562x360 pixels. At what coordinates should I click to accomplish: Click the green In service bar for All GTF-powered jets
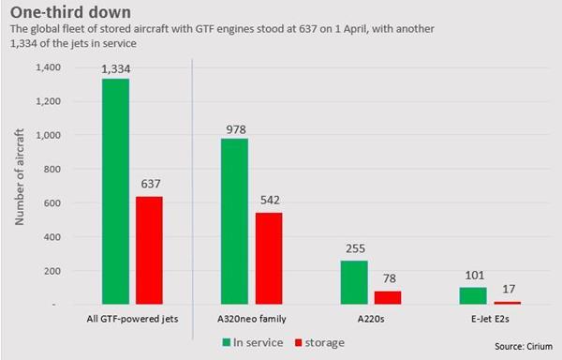point(115,192)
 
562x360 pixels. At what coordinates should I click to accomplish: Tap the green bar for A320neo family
point(234,222)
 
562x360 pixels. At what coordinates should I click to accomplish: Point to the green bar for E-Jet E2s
point(474,295)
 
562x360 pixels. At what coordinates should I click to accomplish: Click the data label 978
point(234,128)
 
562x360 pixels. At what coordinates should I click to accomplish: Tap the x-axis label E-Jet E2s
point(489,321)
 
